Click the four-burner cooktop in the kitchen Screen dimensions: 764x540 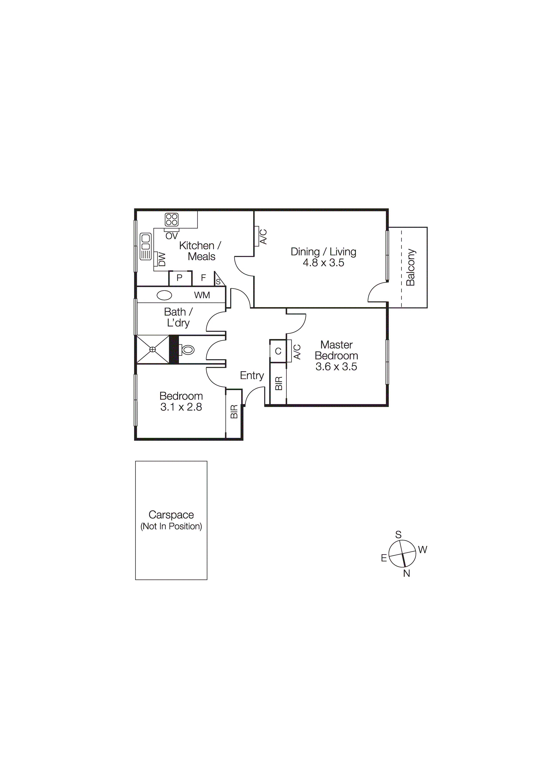[172, 220]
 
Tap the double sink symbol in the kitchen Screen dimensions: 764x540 [146, 246]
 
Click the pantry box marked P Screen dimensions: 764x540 [180, 278]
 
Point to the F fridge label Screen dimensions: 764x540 [203, 278]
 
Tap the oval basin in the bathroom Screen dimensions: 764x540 [164, 295]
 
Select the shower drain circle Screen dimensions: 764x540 [153, 349]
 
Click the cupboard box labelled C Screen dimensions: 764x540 [278, 351]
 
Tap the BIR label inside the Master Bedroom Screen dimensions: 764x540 [279, 383]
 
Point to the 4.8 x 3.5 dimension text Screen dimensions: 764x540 [323, 263]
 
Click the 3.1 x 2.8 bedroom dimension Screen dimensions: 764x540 [181, 407]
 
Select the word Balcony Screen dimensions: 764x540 [411, 267]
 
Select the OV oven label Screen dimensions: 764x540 [172, 236]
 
